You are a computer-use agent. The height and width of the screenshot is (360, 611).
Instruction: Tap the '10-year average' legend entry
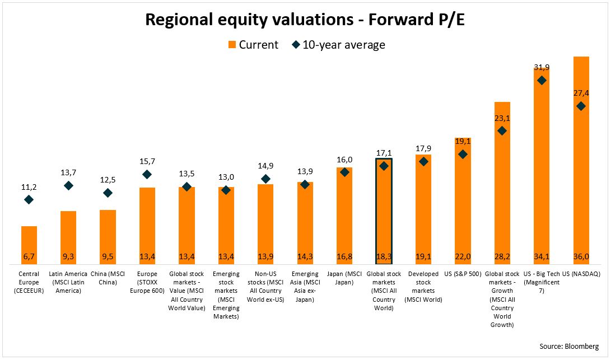[338, 45]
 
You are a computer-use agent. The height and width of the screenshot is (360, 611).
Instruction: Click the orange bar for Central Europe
[29, 244]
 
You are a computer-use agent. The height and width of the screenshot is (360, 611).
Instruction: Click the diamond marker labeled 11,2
[29, 199]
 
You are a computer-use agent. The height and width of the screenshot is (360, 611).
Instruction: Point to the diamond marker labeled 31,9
[542, 80]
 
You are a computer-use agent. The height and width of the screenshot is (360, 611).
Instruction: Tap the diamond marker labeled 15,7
[147, 174]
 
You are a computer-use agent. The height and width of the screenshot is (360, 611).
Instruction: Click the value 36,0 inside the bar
[581, 257]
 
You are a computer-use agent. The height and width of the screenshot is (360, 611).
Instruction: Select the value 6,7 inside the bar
[29, 257]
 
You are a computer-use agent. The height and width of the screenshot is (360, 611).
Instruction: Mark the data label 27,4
[581, 93]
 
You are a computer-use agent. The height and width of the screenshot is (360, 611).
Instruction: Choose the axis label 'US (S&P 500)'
[463, 274]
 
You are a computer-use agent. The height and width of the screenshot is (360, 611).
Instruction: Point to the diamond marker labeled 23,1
[502, 131]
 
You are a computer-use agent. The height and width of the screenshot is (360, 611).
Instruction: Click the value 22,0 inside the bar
[463, 257]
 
